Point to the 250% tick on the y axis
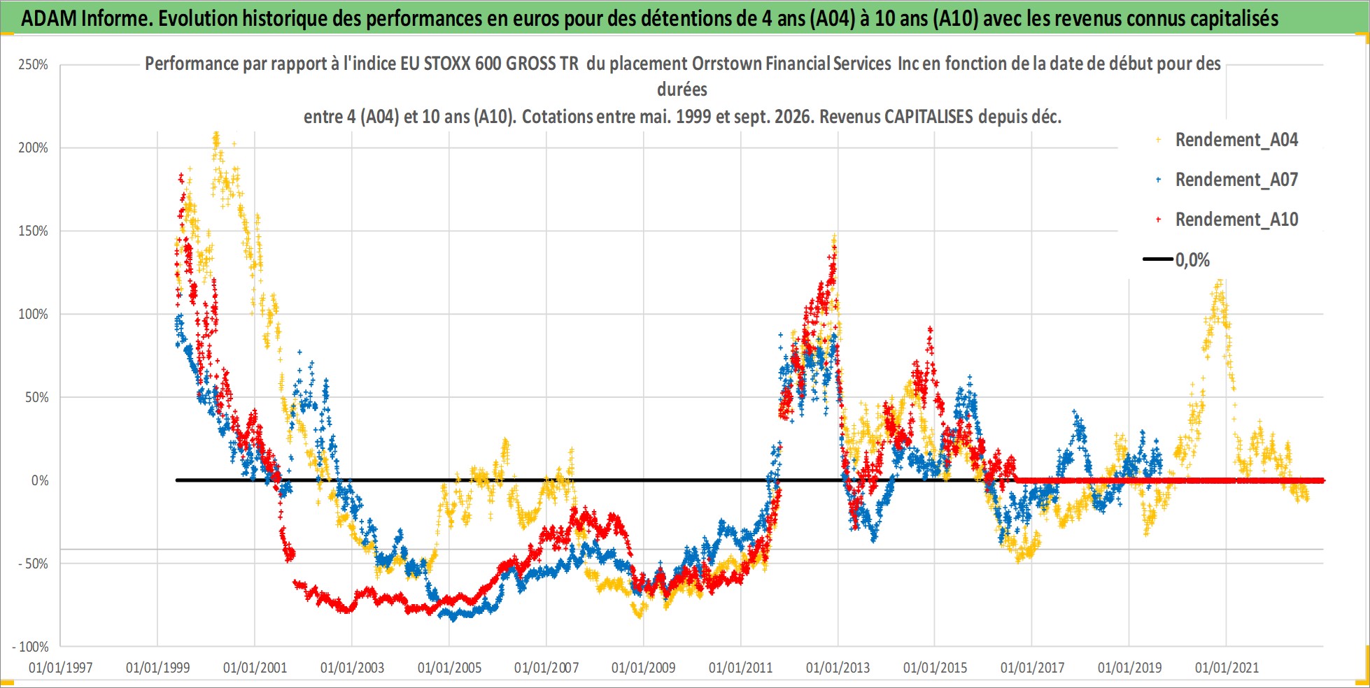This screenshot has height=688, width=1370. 33,65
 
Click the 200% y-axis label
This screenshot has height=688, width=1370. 33,148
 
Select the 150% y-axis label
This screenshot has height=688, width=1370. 33,231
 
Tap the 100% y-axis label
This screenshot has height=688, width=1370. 33,315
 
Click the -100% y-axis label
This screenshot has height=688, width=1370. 30,647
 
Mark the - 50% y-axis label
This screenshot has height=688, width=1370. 33,564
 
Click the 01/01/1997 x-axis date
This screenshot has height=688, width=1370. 61,668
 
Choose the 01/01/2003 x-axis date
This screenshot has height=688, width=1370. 352,668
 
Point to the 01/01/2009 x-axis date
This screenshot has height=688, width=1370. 644,668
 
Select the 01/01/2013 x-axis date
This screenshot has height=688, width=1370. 838,668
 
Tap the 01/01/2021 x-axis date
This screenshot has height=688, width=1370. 1227,668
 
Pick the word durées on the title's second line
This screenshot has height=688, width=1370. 682,89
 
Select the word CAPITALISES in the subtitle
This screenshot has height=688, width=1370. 928,117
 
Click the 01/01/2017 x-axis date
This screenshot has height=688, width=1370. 1032,668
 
